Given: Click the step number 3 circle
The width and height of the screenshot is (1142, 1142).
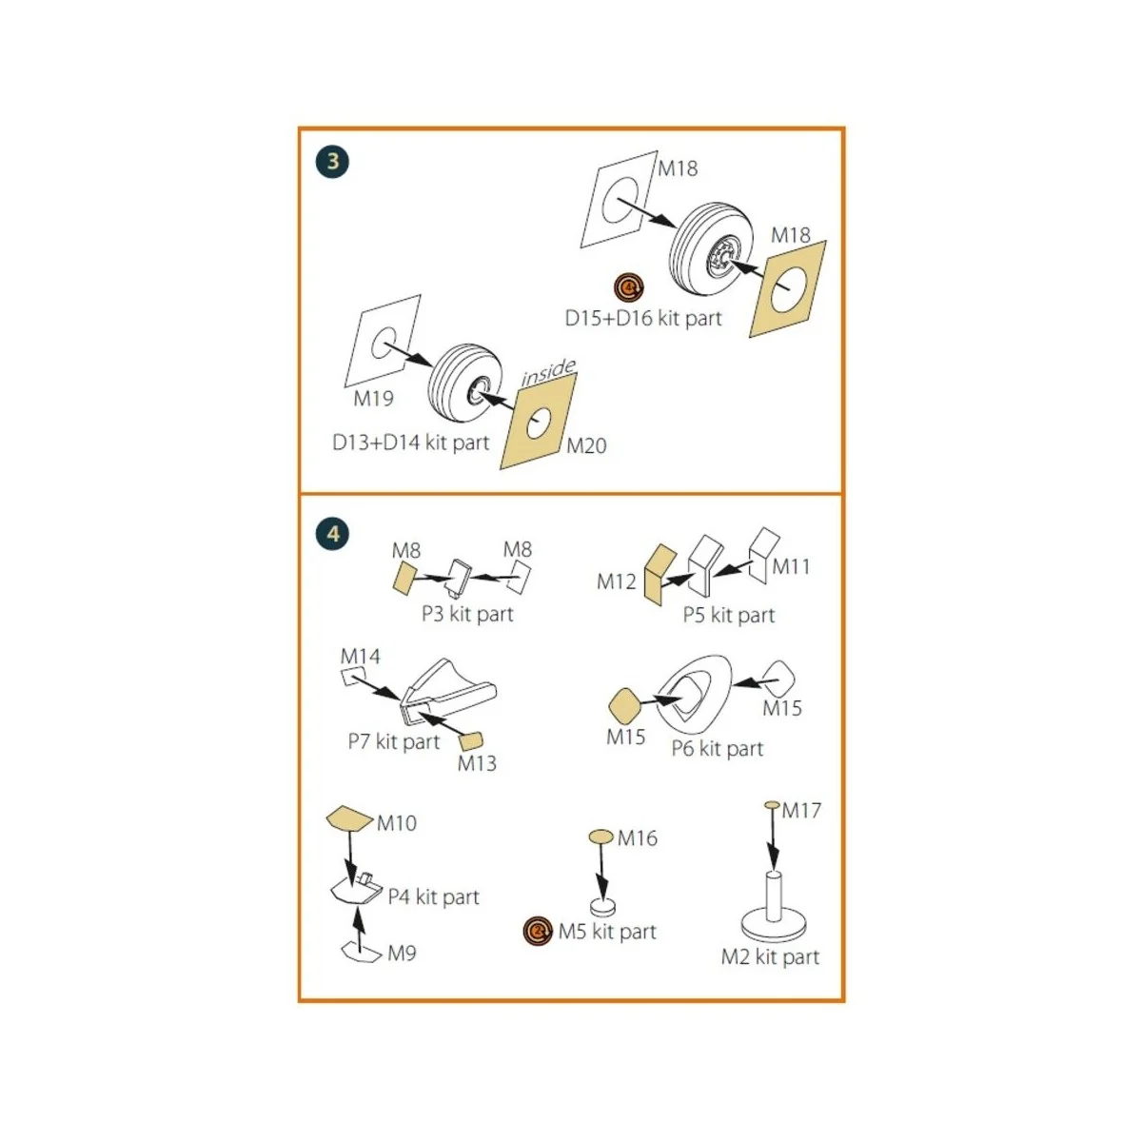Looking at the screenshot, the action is point(332,162).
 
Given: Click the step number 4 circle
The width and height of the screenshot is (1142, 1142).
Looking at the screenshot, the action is point(332,534).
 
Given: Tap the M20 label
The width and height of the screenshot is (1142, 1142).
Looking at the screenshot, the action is point(587,445).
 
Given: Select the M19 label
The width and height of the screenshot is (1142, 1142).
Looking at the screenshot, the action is point(373,398).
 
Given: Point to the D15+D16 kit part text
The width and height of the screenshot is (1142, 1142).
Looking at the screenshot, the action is point(643,318).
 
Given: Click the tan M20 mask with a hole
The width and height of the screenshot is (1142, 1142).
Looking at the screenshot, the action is point(539,421).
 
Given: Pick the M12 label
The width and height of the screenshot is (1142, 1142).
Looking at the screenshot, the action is point(617,581).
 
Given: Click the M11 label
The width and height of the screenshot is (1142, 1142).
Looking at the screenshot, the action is point(791,566).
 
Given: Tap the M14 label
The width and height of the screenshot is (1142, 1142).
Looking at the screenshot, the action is point(361,656).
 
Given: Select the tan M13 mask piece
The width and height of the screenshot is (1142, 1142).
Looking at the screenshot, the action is point(472,740).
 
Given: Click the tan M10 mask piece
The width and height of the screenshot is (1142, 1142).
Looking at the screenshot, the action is point(349,818).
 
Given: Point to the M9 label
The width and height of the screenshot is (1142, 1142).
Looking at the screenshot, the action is point(402,954).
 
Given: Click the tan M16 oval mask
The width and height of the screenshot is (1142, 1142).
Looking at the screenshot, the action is point(601,837).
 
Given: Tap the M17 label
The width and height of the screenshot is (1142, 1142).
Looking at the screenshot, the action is point(801,810).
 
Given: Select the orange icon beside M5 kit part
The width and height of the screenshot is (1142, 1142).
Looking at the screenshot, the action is point(538,931).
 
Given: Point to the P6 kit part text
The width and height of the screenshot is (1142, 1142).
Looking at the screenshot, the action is point(718,749).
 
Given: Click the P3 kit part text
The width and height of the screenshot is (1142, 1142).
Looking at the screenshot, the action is point(467,614).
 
